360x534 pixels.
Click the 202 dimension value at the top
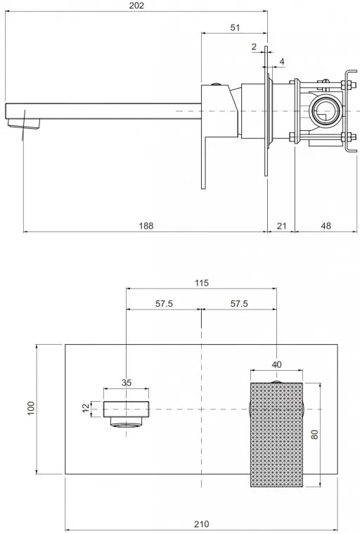pyautogui.click(x=137, y=6)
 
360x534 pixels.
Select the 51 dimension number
pyautogui.click(x=235, y=27)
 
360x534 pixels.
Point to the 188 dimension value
pyautogui.click(x=146, y=225)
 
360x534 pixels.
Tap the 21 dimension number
pyautogui.click(x=281, y=225)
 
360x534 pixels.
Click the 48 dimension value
pyautogui.click(x=326, y=225)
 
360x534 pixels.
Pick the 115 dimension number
pyautogui.click(x=201, y=283)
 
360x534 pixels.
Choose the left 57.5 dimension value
pyautogui.click(x=164, y=303)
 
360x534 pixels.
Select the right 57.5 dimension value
pyautogui.click(x=239, y=303)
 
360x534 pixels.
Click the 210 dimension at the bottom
pyautogui.click(x=201, y=523)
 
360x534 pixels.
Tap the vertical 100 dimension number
pyautogui.click(x=31, y=408)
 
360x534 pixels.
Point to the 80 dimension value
pyautogui.click(x=314, y=434)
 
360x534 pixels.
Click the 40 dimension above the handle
pyautogui.click(x=276, y=364)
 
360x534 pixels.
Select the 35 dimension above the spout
pyautogui.click(x=127, y=383)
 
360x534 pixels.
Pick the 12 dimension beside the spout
pyautogui.click(x=86, y=408)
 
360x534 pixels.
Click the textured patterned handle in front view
pyautogui.click(x=276, y=435)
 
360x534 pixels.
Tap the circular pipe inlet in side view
pyautogui.click(x=325, y=111)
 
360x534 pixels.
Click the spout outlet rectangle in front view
pyautogui.click(x=127, y=409)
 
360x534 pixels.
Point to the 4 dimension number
pyautogui.click(x=282, y=62)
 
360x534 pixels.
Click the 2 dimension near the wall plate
pyautogui.click(x=254, y=47)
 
